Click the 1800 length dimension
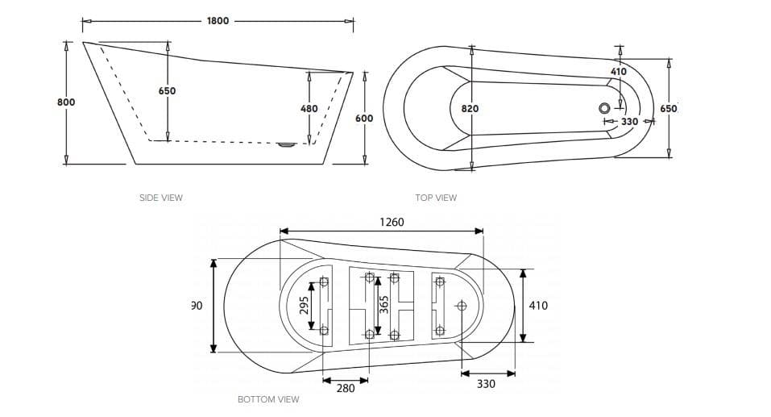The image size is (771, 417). tap(218, 21)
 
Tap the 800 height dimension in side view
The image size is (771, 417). tap(66, 102)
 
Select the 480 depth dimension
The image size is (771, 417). tap(309, 108)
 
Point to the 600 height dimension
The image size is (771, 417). tap(364, 119)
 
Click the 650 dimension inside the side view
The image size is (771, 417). tap(167, 91)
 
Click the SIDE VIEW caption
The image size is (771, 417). tap(161, 198)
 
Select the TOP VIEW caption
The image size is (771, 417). tap(436, 198)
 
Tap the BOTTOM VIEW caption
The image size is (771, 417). tap(268, 399)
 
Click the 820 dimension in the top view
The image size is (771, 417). tap(470, 108)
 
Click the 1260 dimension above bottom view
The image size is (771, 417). tap(392, 222)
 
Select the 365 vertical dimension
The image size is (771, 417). tap(384, 304)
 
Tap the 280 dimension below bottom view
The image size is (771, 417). tap(345, 388)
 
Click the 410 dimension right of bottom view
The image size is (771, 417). tap(538, 306)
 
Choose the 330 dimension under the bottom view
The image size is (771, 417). tap(486, 384)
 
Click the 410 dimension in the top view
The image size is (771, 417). tap(619, 72)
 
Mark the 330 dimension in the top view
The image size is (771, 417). tap(629, 122)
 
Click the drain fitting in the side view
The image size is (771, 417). tap(286, 145)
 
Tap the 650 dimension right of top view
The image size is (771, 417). tap(668, 109)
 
